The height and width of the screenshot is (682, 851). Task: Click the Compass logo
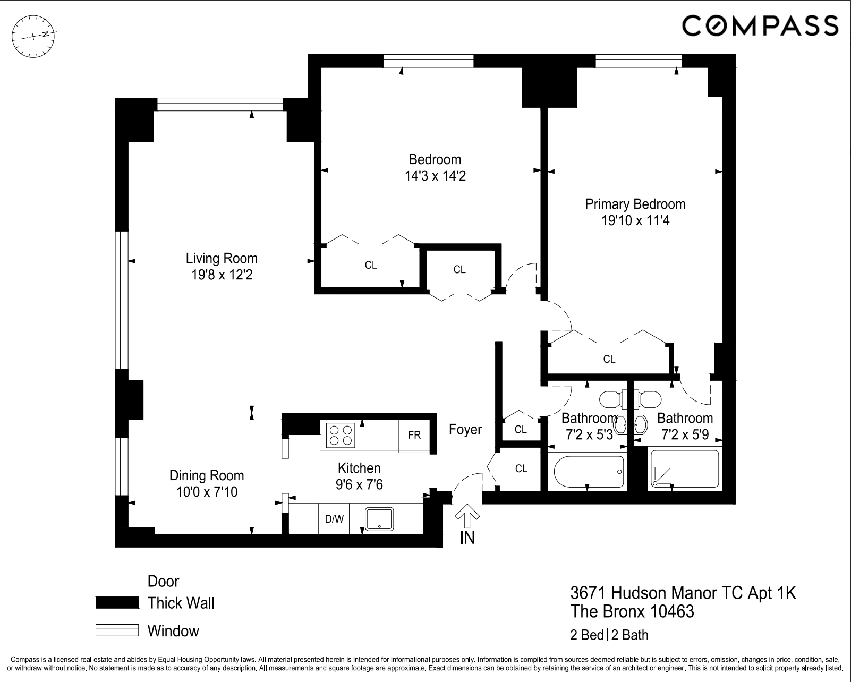[760, 25]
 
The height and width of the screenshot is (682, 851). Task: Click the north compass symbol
[34, 36]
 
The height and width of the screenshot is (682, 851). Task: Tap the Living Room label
[222, 258]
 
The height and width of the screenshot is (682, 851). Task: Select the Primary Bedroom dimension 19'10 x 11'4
[635, 220]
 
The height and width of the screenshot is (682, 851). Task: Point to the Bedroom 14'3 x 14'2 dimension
[435, 176]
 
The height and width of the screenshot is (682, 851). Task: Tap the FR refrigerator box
[414, 436]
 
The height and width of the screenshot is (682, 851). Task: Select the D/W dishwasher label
[334, 519]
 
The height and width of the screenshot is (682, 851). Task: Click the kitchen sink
[379, 518]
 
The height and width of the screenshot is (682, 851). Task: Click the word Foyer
[465, 429]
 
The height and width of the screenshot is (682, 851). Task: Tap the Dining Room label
[207, 475]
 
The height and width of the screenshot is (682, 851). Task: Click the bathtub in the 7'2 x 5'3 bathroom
[589, 472]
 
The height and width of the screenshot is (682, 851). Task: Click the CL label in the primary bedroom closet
[609, 359]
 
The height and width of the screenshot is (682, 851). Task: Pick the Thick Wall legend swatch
[117, 603]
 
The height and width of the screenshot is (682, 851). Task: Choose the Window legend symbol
[117, 630]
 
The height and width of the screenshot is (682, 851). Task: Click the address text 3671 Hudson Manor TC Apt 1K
[683, 592]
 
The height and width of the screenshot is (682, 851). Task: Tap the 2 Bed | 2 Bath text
[609, 635]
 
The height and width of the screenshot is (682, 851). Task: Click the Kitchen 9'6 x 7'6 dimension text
[359, 484]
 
